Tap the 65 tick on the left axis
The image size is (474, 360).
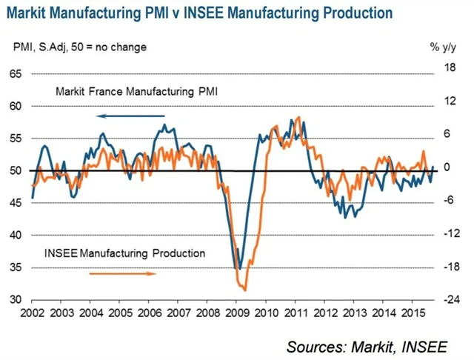pos(15,74)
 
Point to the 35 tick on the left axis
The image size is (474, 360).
pos(15,267)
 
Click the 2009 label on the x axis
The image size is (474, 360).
pos(237,313)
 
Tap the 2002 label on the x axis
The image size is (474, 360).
pos(33,313)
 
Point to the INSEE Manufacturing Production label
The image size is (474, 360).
pos(124,253)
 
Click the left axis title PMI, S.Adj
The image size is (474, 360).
pos(81,47)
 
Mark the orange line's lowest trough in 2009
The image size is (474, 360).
pos(244,290)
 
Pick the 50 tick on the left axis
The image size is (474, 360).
pos(15,171)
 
